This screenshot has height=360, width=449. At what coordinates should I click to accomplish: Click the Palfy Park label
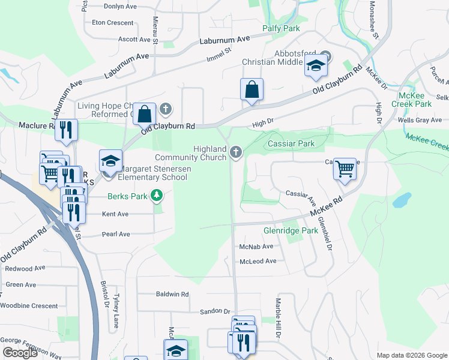point(281,28)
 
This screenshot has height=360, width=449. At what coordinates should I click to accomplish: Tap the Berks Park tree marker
point(157,196)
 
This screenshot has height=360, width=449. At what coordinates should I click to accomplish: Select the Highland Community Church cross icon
point(235,153)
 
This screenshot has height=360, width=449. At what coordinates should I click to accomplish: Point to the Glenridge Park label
point(291,230)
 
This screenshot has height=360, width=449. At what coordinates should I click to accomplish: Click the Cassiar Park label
point(291,144)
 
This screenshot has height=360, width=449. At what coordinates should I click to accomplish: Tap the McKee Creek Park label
point(415,100)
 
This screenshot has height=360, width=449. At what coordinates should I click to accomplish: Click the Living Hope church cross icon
point(166,109)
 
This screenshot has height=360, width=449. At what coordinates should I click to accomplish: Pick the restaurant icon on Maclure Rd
point(66,129)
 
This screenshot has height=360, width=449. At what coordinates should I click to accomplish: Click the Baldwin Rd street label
point(172,295)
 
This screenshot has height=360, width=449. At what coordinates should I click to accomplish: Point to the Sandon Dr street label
point(215,311)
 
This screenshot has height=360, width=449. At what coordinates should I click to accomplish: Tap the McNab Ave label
point(256,247)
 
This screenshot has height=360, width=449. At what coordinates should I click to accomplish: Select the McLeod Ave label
point(258,261)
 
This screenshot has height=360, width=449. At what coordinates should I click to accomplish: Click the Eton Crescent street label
point(112,23)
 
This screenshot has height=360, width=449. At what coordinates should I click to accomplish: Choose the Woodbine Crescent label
point(28,305)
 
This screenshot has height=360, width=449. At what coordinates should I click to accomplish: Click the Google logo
point(19,353)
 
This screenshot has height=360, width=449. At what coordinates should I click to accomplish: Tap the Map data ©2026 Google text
point(411,355)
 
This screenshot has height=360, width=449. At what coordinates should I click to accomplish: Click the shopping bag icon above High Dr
point(252,89)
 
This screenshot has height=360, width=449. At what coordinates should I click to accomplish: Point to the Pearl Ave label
point(116,234)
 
